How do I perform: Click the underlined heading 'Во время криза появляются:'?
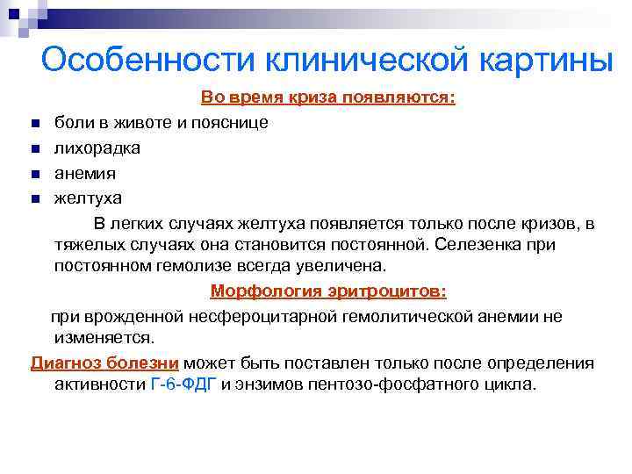[x=328, y=97]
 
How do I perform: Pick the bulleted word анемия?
[x=84, y=173]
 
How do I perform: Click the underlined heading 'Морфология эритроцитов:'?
[x=328, y=291]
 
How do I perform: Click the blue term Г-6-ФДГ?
[x=183, y=384]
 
